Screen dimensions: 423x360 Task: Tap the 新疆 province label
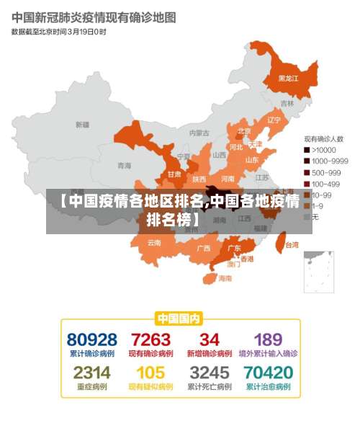83,125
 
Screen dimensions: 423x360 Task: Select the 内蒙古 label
199,133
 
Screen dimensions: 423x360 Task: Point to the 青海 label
125,165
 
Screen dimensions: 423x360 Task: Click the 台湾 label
291,245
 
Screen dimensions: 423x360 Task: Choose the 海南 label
225,278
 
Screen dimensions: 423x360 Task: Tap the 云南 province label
154,243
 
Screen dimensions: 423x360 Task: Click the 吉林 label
287,104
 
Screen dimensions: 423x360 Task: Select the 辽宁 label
274,120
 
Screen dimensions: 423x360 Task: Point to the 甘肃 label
174,174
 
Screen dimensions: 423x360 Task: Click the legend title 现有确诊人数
323,138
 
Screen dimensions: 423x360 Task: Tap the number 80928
92,339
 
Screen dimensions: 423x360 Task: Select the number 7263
150,339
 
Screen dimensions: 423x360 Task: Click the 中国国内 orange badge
179,318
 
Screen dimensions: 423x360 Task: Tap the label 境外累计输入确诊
268,354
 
